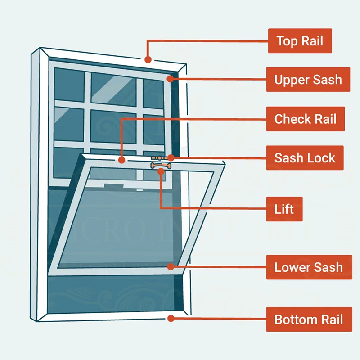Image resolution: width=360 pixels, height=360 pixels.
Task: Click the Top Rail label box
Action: point(300,41)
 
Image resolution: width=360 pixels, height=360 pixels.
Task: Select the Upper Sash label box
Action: point(308,80)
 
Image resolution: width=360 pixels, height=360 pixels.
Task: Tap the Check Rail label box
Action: point(305,119)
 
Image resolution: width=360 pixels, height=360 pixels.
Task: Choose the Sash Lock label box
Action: point(305,158)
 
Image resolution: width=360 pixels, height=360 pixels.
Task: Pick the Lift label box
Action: point(284,209)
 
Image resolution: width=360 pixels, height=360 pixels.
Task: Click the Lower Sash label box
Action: point(308,267)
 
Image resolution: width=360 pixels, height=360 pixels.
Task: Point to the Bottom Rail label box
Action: point(308,320)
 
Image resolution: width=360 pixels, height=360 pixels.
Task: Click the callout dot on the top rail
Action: point(148,59)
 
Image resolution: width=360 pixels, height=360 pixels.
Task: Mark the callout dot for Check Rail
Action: point(121,159)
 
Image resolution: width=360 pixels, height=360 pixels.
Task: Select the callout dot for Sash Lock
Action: point(171,158)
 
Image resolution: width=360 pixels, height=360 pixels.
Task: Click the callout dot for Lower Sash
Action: point(171,267)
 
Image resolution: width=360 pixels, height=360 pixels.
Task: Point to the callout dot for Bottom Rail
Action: point(171,319)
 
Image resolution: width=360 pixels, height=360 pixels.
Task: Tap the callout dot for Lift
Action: point(161,172)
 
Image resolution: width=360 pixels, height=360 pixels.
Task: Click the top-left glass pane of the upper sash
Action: point(69,84)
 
